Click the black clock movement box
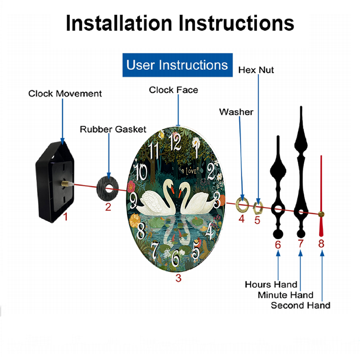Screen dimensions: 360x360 pyautogui.click(x=55, y=182)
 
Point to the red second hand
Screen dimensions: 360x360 pyautogui.click(x=321, y=196)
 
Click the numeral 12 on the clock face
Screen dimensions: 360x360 pyautogui.click(x=175, y=142)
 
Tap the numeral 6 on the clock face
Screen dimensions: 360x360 pyautogui.click(x=176, y=258)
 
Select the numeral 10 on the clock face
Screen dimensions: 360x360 pyautogui.click(x=141, y=172)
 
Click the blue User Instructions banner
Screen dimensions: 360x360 pyautogui.click(x=177, y=65)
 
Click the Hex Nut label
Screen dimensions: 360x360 pyautogui.click(x=256, y=70)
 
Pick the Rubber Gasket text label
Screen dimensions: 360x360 pyautogui.click(x=113, y=129)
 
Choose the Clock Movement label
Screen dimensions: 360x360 pyautogui.click(x=65, y=94)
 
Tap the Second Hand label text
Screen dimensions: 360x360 pyautogui.click(x=301, y=305)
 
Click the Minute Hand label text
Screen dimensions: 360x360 pyautogui.click(x=285, y=295)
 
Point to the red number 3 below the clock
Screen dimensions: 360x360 pyautogui.click(x=179, y=278)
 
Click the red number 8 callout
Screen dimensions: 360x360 pyautogui.click(x=321, y=244)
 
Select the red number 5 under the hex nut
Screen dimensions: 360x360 pyautogui.click(x=257, y=220)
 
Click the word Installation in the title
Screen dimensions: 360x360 pyautogui.click(x=119, y=23)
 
